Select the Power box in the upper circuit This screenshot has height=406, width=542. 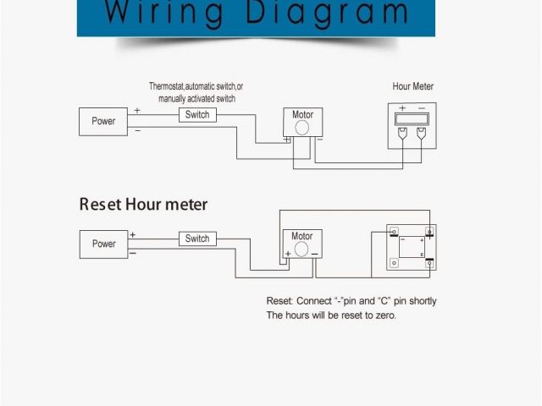[x=103, y=121]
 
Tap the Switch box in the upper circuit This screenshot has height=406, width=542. [x=197, y=115]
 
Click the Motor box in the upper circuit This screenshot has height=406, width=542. [x=302, y=122]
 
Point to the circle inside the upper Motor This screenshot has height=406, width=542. [x=302, y=127]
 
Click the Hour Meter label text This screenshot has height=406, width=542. [x=413, y=86]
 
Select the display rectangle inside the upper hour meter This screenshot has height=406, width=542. [x=412, y=119]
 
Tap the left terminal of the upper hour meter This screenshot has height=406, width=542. [x=402, y=133]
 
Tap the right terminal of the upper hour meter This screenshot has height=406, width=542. [x=422, y=133]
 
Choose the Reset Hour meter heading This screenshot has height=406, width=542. [x=143, y=205]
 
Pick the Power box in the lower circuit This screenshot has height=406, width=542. [x=103, y=244]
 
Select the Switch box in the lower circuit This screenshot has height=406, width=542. [x=197, y=239]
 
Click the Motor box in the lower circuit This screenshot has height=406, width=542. [x=302, y=244]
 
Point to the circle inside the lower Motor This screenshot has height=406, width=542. [x=302, y=248]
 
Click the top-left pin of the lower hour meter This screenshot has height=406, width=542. [x=395, y=231]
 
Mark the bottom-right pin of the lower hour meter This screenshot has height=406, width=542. [x=430, y=263]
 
